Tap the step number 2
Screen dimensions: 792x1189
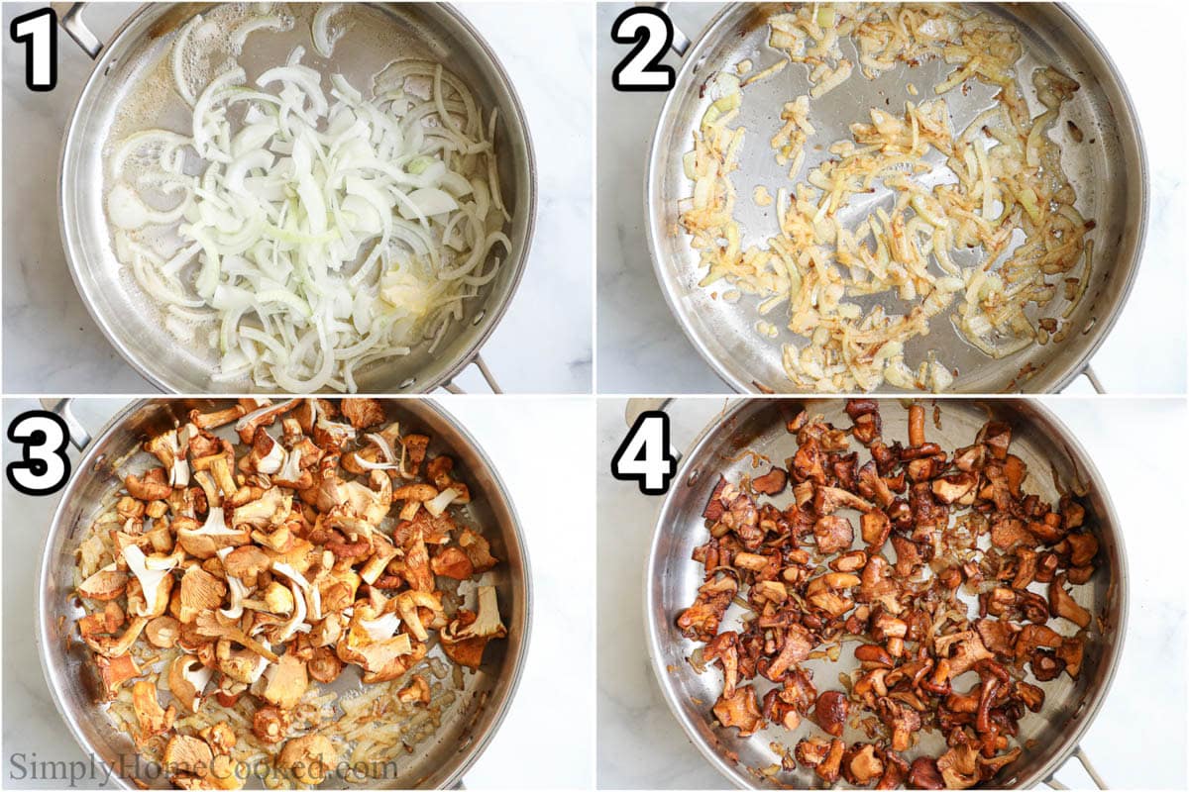pyautogui.click(x=645, y=48)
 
